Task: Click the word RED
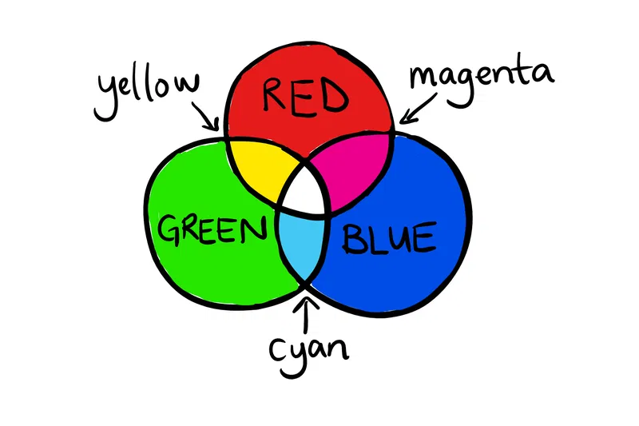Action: [x=305, y=97]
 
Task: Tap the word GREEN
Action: [x=212, y=229]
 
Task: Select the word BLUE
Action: [x=390, y=238]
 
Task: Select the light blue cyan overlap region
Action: [x=303, y=245]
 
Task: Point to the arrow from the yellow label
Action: [x=206, y=117]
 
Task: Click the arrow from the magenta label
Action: [x=419, y=109]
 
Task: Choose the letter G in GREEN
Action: [x=169, y=230]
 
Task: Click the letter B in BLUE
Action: [x=353, y=239]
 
